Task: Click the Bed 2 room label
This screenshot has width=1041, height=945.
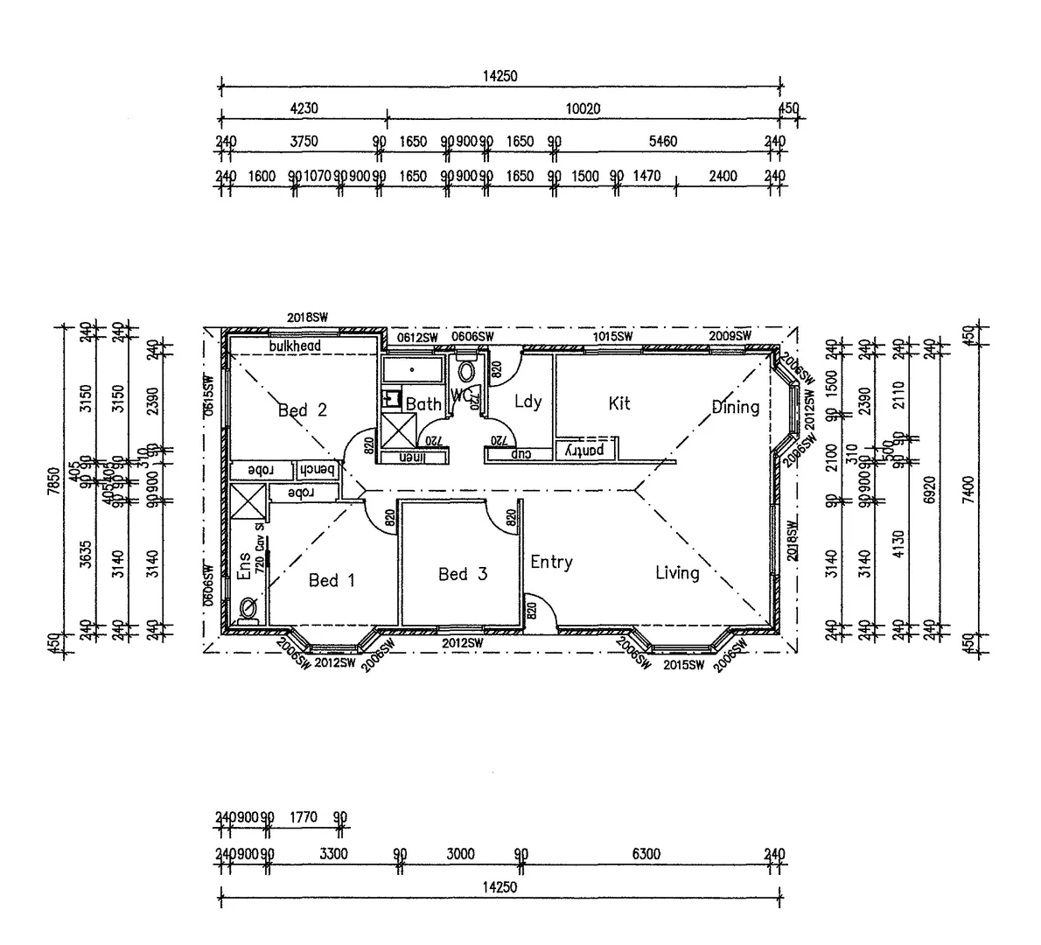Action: click(x=302, y=409)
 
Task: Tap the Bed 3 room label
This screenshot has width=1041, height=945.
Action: click(x=463, y=574)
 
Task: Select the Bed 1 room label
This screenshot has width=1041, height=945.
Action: click(x=332, y=580)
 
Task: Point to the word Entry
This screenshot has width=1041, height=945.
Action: click(x=551, y=562)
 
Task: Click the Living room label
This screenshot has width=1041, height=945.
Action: click(x=677, y=573)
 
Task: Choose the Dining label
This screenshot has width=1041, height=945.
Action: click(x=735, y=407)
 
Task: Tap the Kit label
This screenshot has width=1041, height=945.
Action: click(x=619, y=403)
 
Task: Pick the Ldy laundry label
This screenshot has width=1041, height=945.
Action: click(x=527, y=402)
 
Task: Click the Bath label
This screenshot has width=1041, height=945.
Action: click(x=423, y=404)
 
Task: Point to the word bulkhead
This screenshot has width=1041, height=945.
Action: click(x=295, y=346)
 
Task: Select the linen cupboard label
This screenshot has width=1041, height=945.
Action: click(x=409, y=457)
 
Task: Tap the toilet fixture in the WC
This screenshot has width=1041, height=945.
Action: click(x=465, y=371)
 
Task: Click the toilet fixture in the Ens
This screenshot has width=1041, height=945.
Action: click(x=248, y=606)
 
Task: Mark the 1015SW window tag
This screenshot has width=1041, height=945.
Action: click(x=612, y=336)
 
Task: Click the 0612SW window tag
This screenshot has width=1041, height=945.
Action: click(x=416, y=337)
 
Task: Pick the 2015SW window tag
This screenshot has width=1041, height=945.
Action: click(x=683, y=665)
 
